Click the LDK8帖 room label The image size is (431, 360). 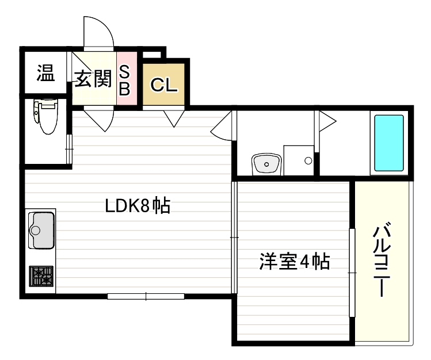[x=137, y=205]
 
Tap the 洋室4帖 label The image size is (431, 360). [x=293, y=262]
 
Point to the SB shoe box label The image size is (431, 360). [x=125, y=79]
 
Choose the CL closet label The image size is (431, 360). [x=164, y=85]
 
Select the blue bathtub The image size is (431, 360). [x=389, y=143]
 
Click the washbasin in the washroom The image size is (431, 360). [x=266, y=164]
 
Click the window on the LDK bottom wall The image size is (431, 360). [x=146, y=296]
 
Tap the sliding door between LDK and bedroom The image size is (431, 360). [x=234, y=237]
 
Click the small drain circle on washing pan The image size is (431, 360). [x=308, y=161]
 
